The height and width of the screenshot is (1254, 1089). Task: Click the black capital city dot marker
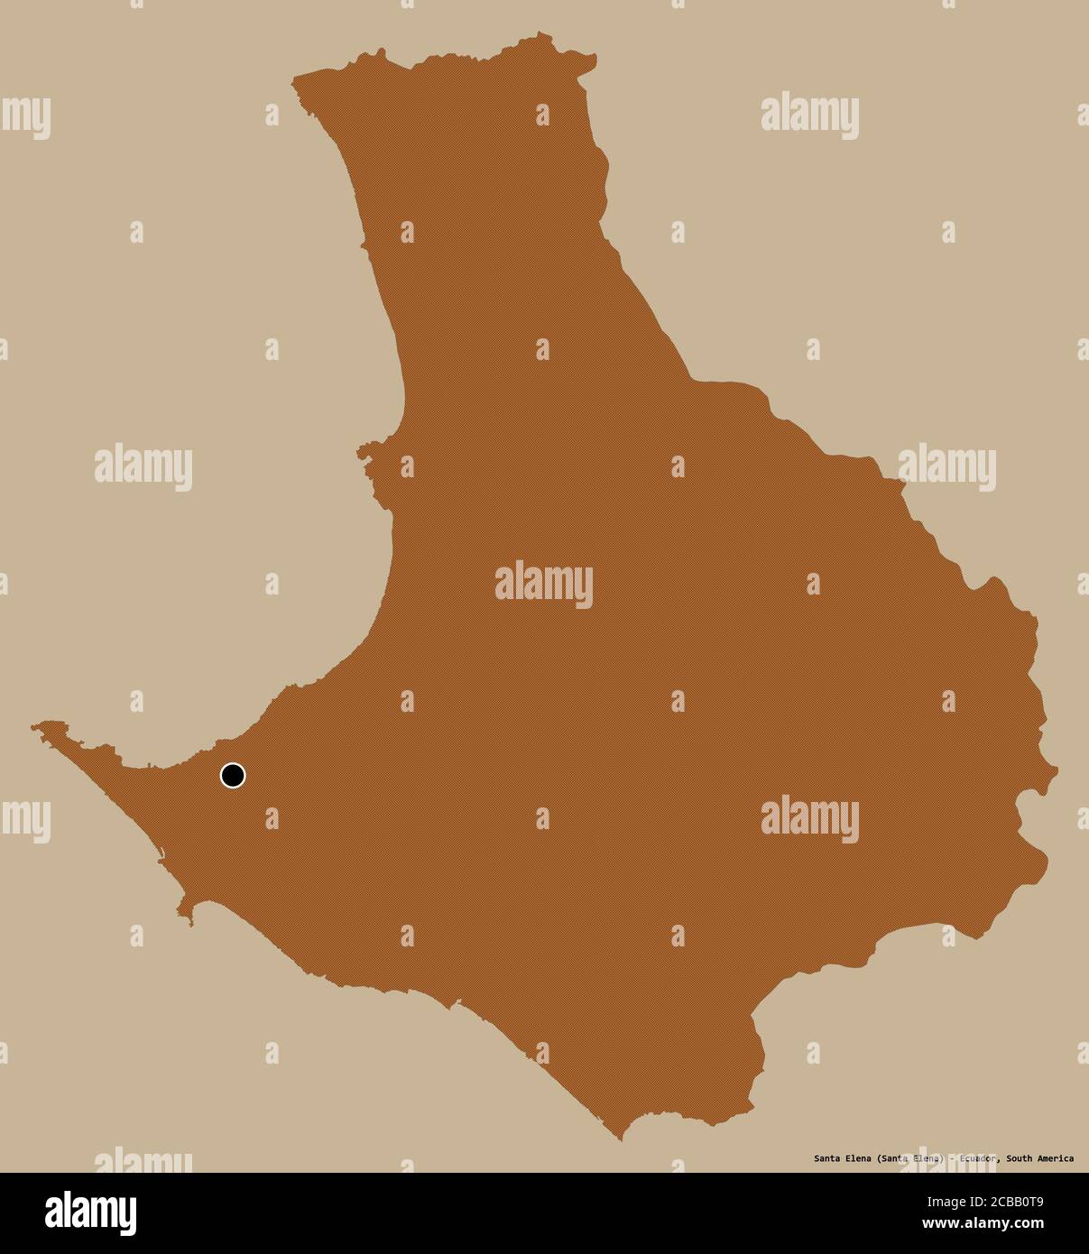(x=233, y=775)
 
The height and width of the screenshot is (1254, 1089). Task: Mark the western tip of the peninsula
(x=35, y=724)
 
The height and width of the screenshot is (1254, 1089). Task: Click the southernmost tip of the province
(x=621, y=1139)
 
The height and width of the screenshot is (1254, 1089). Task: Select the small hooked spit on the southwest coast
(x=189, y=921)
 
